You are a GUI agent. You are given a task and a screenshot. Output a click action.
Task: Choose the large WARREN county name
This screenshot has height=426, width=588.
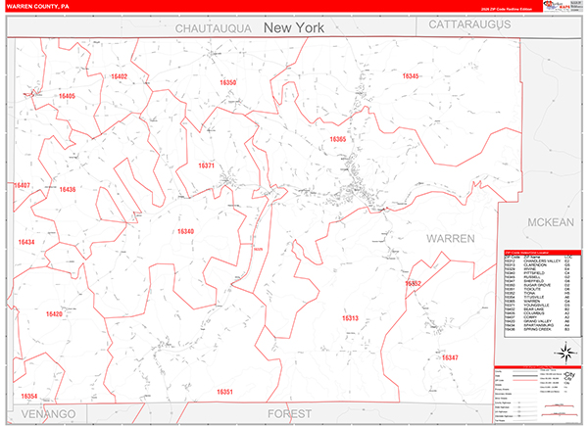pos(451,238)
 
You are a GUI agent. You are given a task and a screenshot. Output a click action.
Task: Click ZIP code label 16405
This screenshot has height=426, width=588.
pos(67,96)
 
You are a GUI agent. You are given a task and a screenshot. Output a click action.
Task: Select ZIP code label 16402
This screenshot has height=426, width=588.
pos(120,76)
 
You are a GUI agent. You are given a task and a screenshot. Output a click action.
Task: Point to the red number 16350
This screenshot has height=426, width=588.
pos(227,83)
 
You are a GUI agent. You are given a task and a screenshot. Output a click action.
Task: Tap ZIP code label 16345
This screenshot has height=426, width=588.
pos(410,76)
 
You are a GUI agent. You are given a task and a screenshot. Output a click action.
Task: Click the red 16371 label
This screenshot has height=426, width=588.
pos(206,166)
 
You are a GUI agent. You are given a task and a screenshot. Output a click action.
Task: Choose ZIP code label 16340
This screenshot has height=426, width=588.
pos(185,232)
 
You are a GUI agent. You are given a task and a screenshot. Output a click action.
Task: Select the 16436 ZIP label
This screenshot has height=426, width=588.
pos(67,190)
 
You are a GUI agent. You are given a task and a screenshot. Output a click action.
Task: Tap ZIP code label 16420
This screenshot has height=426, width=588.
pos(54,314)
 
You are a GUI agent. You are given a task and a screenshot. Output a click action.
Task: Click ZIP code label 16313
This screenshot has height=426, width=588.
pos(350,318)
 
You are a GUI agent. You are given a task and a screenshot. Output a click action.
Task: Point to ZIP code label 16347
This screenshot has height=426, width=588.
pos(450,358)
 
